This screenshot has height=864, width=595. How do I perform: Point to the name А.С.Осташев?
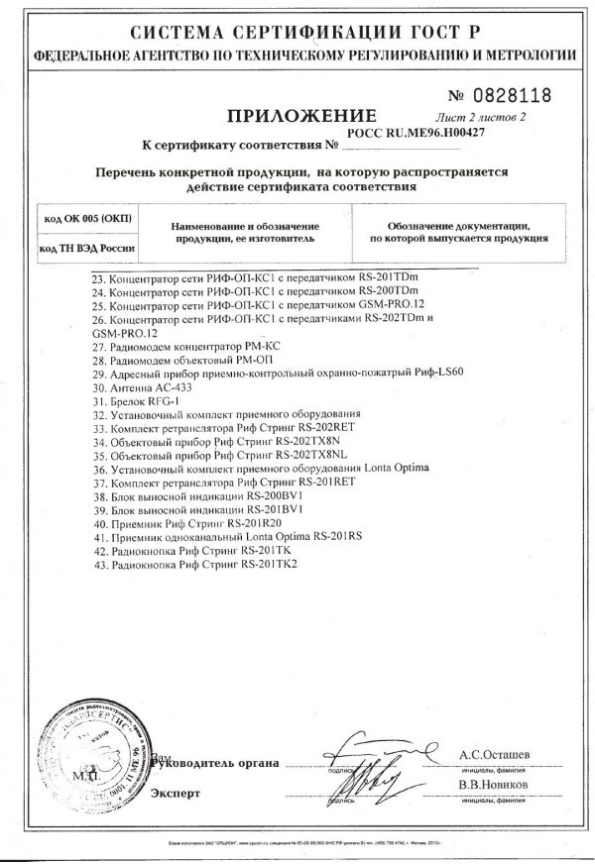pos(495,754)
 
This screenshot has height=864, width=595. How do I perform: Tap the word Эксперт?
pos(177,794)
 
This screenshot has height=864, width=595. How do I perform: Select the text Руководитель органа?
pos(213,761)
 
